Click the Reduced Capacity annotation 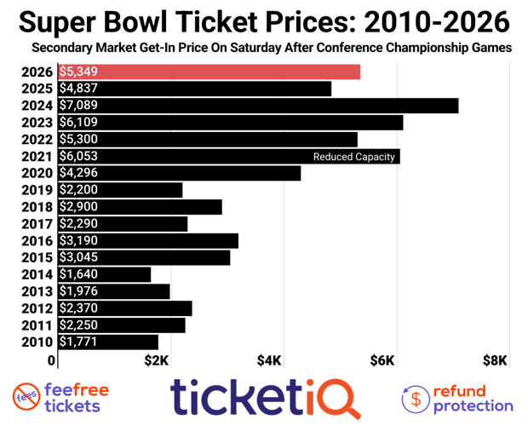coord(353,157)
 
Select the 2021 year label coord(38,157)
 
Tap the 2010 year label coord(38,342)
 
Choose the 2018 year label coord(38,207)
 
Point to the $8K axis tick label coord(495,360)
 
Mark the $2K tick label coord(157,360)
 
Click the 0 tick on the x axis coord(53,360)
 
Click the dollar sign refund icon coord(415,398)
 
